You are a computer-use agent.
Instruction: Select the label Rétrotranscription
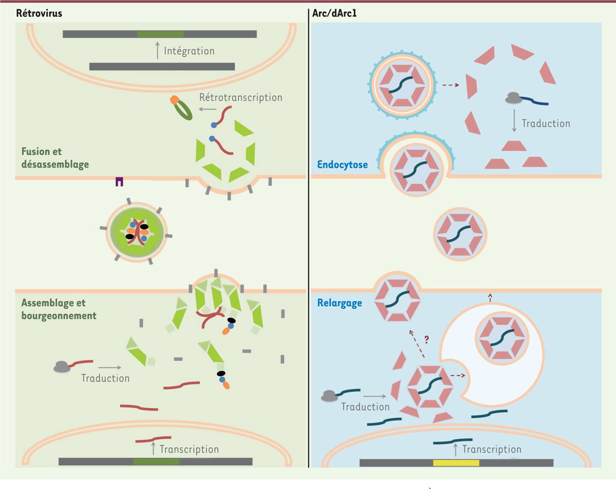click(241, 97)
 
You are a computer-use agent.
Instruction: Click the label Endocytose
click(343, 166)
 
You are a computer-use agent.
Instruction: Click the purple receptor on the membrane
click(120, 181)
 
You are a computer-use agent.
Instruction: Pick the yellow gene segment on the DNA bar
click(456, 462)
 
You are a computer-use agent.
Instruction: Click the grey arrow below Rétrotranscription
click(207, 109)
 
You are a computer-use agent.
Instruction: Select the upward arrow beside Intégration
click(157, 51)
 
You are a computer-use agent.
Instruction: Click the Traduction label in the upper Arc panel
click(546, 124)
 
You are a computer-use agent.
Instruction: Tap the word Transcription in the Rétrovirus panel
click(189, 449)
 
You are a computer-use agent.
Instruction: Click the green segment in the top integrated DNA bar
click(160, 34)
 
